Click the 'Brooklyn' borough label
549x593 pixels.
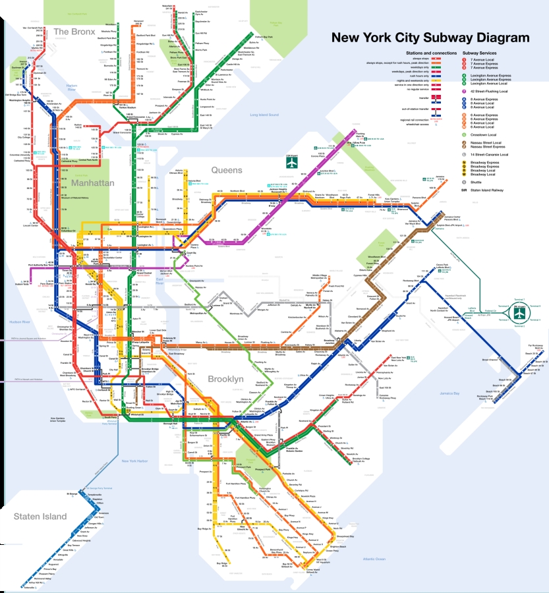(225, 380)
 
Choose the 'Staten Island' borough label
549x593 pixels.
(40, 517)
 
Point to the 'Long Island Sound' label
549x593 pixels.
(265, 115)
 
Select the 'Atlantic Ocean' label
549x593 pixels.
(369, 559)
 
